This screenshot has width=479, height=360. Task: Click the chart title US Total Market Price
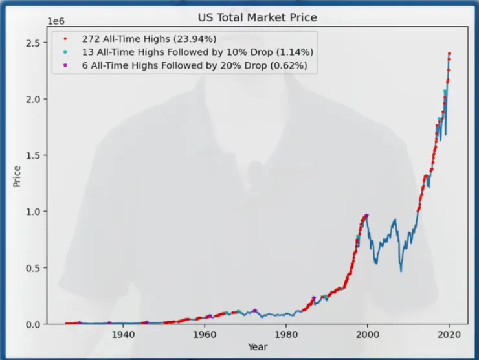pyautogui.click(x=258, y=17)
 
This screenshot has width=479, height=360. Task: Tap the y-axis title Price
pyautogui.click(x=17, y=176)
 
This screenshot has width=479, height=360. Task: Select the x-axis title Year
pyautogui.click(x=258, y=347)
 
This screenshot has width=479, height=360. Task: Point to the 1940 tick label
pyautogui.click(x=123, y=335)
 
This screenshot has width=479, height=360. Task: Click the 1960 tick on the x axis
pyautogui.click(x=205, y=335)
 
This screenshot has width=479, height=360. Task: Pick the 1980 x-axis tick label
pyautogui.click(x=286, y=335)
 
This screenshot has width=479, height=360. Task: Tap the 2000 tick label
pyautogui.click(x=368, y=335)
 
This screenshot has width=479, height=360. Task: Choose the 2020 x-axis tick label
pyautogui.click(x=449, y=335)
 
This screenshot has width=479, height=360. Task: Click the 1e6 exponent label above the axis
pyautogui.click(x=56, y=21)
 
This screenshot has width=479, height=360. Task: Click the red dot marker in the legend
pyautogui.click(x=65, y=39)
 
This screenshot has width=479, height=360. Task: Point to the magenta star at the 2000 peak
pyautogui.click(x=367, y=216)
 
